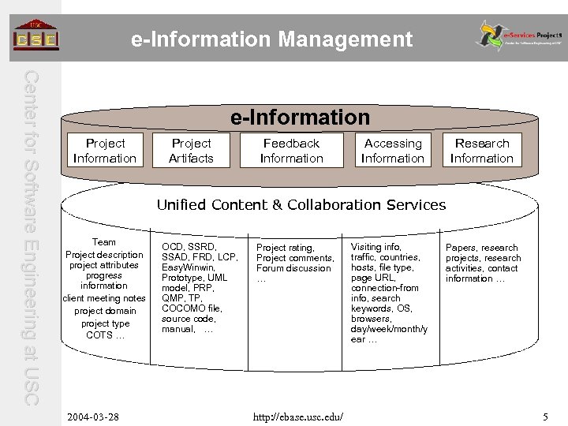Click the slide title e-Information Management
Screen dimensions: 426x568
(x=272, y=38)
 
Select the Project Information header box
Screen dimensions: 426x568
(x=104, y=151)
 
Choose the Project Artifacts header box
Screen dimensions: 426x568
(x=191, y=151)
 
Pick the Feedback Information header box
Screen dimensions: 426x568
(x=291, y=151)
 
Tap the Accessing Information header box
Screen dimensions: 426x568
(x=392, y=151)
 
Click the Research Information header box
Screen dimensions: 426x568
(x=481, y=151)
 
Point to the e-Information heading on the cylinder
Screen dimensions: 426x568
(x=300, y=118)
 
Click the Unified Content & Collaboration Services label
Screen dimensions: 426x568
(x=301, y=205)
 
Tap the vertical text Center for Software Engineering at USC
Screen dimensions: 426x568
(x=32, y=237)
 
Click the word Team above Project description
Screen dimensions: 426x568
(x=104, y=242)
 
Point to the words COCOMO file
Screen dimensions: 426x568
(x=190, y=308)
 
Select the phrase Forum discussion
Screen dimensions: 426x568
(x=293, y=268)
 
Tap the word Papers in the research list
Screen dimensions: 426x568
(x=461, y=248)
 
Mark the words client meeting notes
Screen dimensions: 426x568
(x=104, y=298)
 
